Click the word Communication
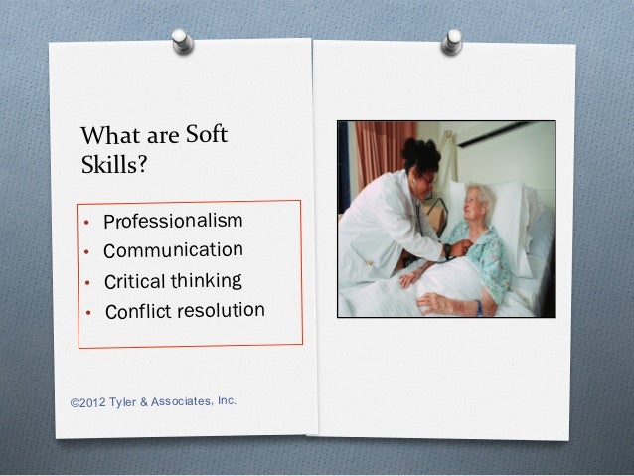[174, 248]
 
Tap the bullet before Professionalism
[88, 222]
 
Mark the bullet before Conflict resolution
[88, 315]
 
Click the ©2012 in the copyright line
[88, 404]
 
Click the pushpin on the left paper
[181, 41]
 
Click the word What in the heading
[109, 133]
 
